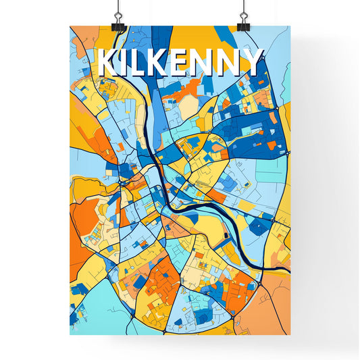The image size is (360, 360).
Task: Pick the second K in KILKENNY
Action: pyautogui.click(x=160, y=63)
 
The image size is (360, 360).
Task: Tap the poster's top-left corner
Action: pyautogui.click(x=71, y=27)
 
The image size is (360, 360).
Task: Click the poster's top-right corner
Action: pyautogui.click(x=290, y=27)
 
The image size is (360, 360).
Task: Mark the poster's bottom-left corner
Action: pyautogui.click(x=71, y=334)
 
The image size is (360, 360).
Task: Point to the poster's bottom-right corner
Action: pyautogui.click(x=290, y=334)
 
